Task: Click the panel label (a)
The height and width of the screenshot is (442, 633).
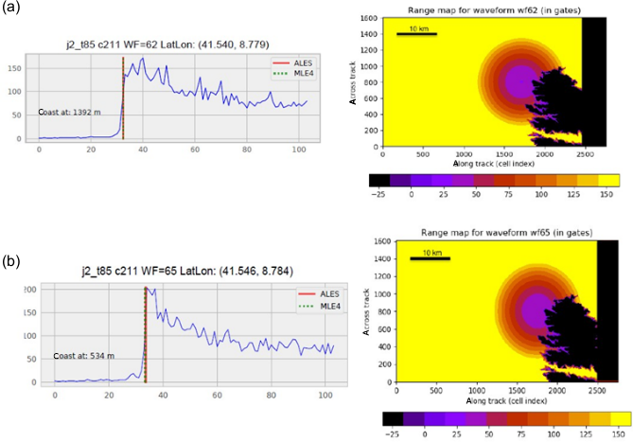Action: coord(13,10)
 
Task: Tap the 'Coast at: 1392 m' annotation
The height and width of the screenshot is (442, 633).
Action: coord(69,112)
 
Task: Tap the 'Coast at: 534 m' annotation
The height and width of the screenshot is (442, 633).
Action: coord(82,357)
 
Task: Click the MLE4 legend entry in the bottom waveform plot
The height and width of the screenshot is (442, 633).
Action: coord(302,306)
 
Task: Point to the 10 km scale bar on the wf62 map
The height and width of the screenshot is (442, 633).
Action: coord(417,33)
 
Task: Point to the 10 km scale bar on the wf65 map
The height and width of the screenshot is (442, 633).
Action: coord(431,257)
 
